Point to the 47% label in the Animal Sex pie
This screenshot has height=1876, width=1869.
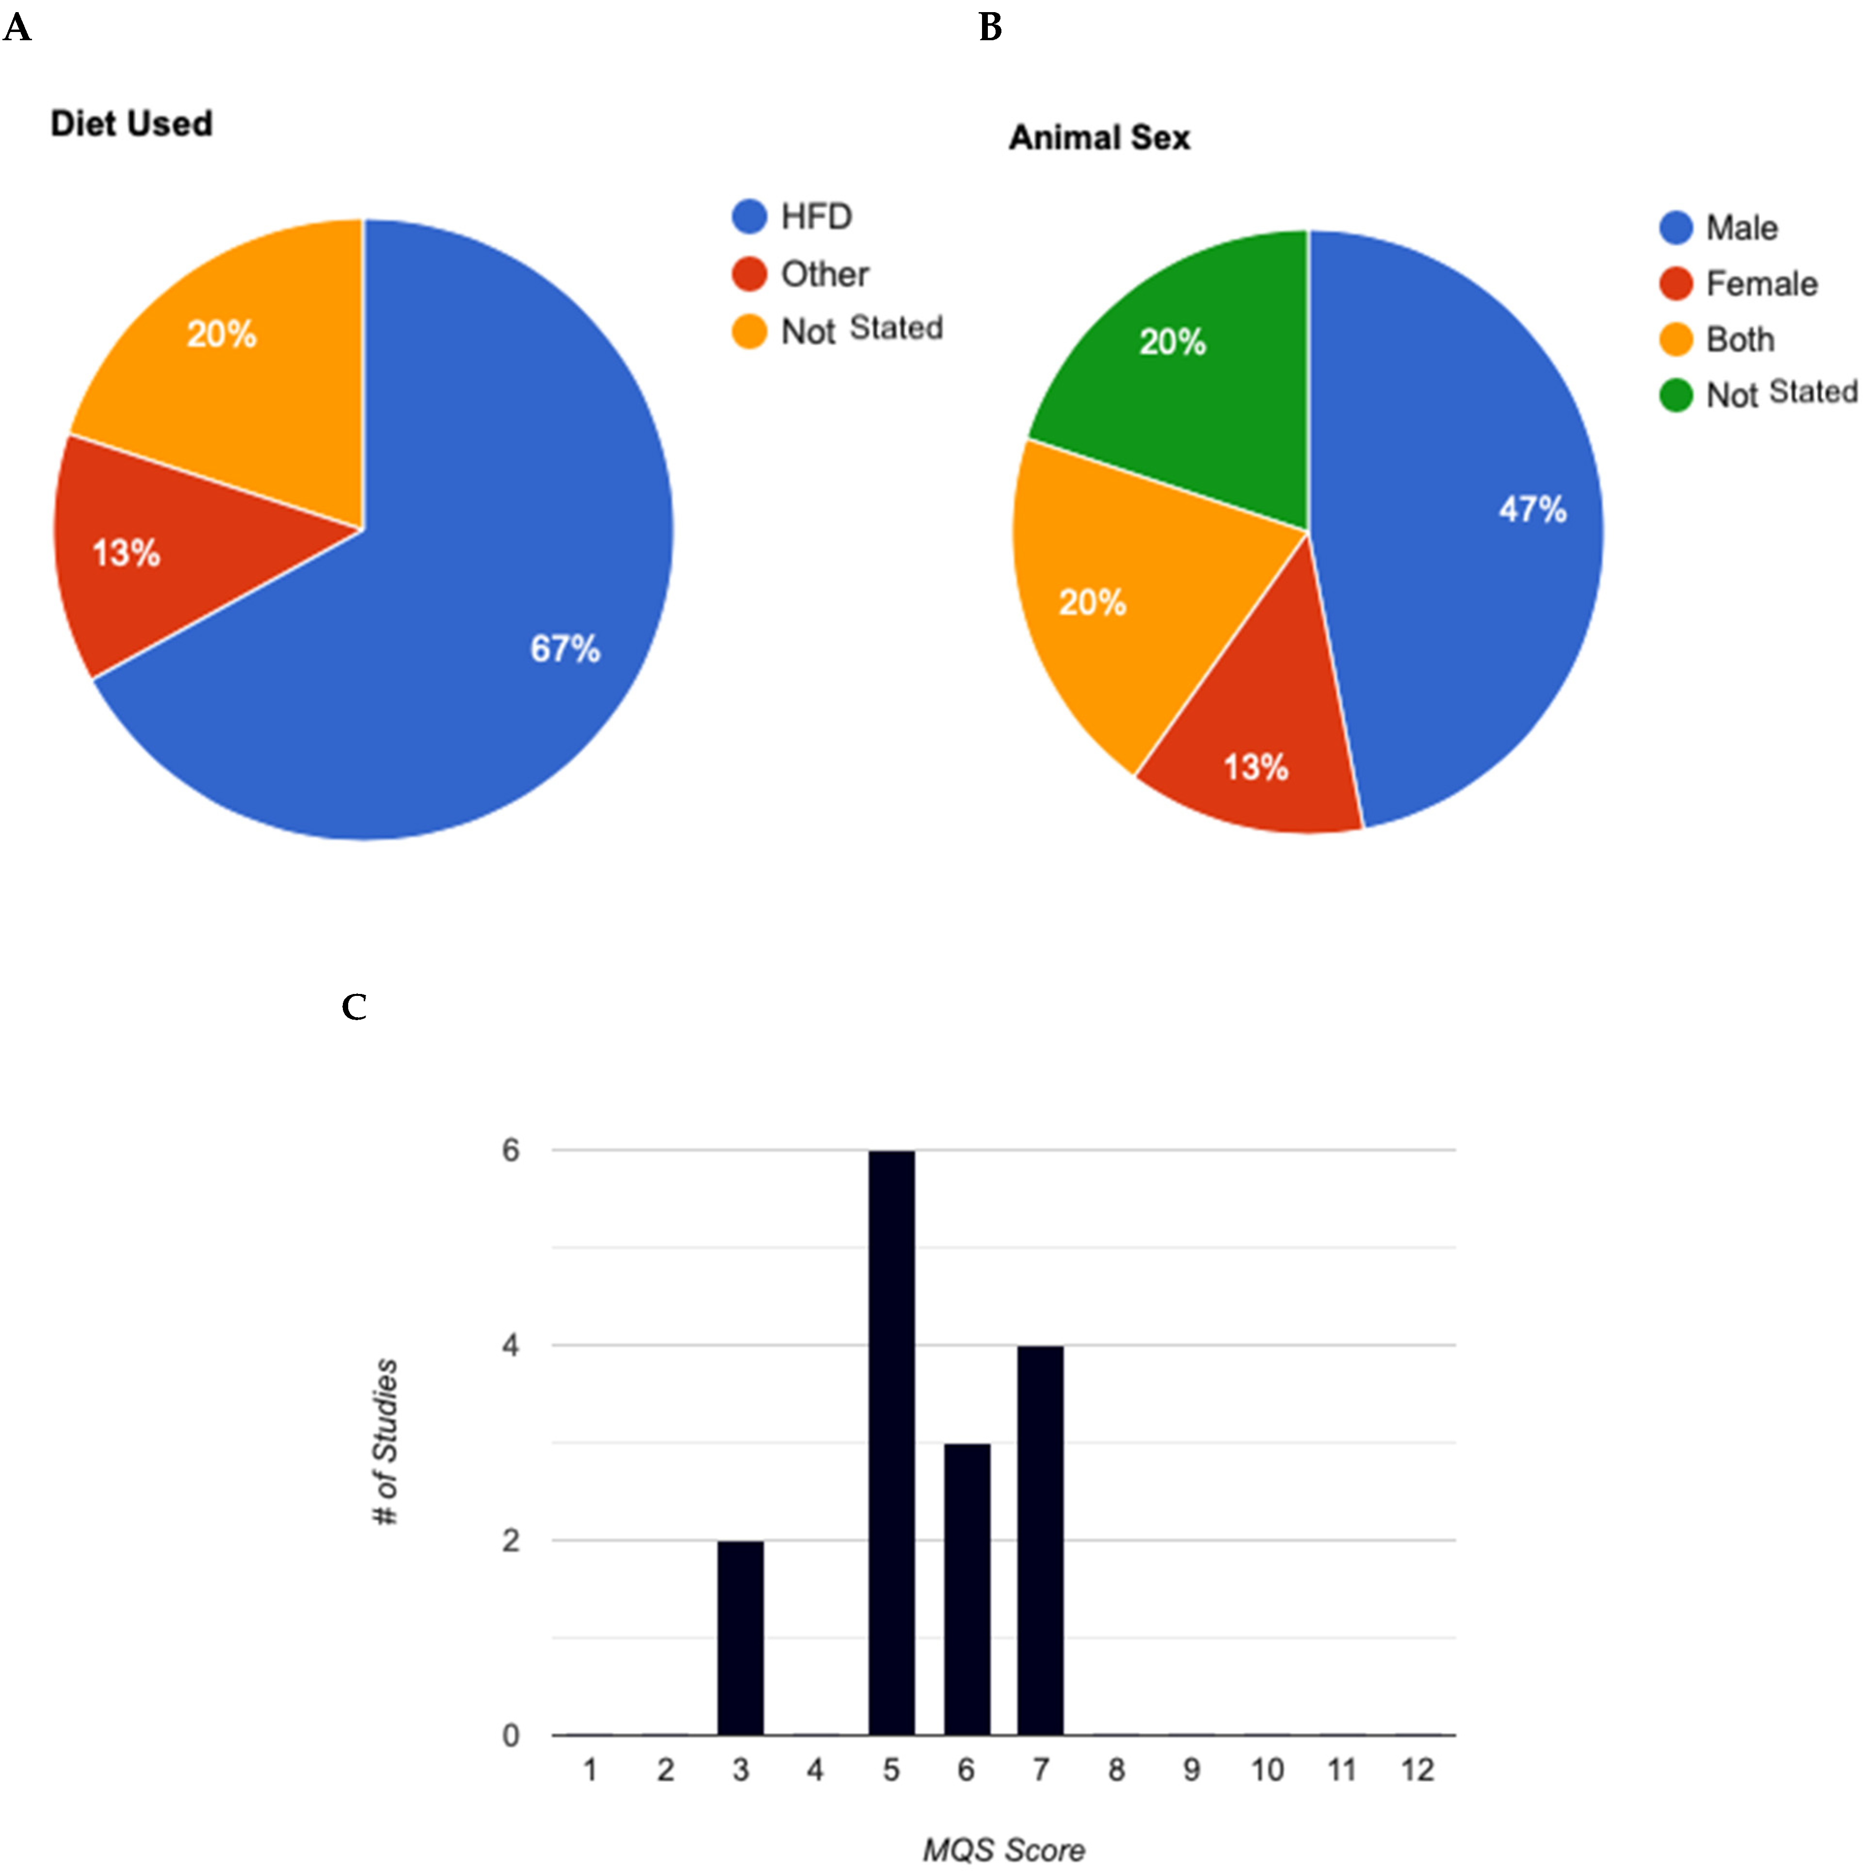point(1532,509)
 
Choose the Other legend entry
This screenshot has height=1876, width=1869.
point(824,274)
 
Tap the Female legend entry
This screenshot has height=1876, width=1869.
point(1760,284)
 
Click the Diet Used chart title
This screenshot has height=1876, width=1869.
point(131,123)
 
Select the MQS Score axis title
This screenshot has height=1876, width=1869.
point(1003,1850)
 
